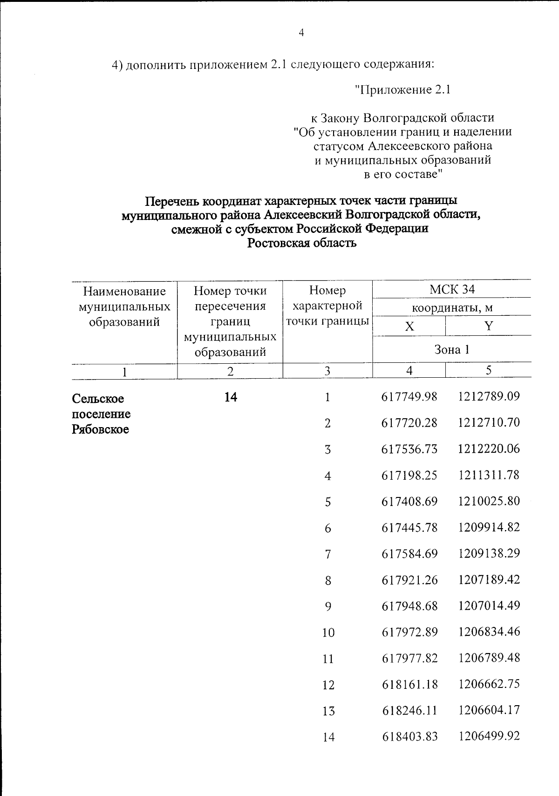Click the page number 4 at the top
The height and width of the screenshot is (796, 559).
point(301,33)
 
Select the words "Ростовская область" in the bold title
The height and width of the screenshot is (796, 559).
point(301,243)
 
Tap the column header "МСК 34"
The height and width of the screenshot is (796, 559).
point(452,289)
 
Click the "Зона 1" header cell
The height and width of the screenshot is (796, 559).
point(452,349)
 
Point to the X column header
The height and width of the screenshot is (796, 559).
point(409,327)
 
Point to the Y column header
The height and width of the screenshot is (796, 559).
point(488,326)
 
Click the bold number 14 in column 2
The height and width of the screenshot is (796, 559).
point(231,397)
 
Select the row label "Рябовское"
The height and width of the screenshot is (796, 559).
point(100,429)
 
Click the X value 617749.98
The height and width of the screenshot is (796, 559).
point(409,396)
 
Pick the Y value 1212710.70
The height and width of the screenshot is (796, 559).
point(489,422)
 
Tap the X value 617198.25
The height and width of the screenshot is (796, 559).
point(409,475)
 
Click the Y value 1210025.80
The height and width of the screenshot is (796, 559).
point(489,501)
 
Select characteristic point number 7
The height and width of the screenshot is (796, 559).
point(328,554)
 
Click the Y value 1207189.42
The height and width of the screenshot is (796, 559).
point(489,579)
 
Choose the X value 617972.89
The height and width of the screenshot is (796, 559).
point(409,632)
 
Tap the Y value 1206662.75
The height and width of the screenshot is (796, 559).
point(489,684)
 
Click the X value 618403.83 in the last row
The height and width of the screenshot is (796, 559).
point(409,736)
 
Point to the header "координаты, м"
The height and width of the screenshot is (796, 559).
point(452,308)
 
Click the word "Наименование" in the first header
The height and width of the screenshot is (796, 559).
point(124,292)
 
